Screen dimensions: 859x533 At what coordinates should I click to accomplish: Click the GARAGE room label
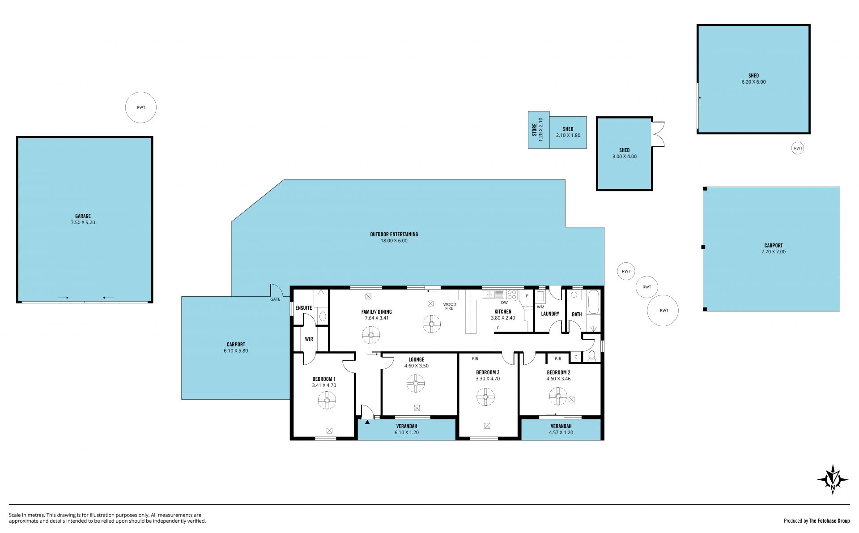tap(83, 216)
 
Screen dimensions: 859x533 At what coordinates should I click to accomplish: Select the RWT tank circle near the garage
tap(141, 107)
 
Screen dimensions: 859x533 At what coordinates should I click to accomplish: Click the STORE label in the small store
tap(534, 130)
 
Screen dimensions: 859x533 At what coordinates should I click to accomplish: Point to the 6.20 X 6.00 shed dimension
tap(753, 82)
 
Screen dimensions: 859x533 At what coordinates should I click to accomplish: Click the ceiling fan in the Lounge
tap(416, 384)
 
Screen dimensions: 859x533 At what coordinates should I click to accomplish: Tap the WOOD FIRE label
tap(450, 306)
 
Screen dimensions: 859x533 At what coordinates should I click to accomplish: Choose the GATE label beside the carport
tap(275, 299)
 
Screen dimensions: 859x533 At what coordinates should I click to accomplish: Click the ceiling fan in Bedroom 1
tap(327, 400)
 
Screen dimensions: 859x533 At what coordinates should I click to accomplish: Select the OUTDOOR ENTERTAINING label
tap(394, 234)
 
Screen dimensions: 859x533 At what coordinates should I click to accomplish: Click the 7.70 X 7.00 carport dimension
tap(774, 252)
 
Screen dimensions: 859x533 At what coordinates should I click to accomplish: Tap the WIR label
tap(309, 339)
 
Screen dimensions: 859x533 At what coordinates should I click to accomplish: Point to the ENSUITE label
tap(304, 308)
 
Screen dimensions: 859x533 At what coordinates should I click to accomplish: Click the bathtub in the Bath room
tap(593, 302)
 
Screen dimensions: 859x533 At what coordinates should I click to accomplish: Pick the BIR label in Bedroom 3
tap(475, 359)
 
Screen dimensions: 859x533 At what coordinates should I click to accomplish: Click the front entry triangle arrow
tap(367, 422)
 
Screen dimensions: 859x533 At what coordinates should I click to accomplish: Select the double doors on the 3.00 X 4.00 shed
tap(658, 134)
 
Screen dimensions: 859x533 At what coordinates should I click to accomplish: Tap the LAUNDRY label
tap(550, 314)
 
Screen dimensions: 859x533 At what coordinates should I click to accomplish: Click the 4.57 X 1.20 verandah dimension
tap(561, 432)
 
